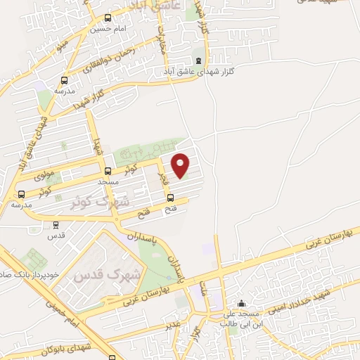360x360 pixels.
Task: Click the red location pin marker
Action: pos(181,165)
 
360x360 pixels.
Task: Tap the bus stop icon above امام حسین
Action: pos(107,19)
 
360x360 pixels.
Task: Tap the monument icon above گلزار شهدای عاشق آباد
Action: pos(198,60)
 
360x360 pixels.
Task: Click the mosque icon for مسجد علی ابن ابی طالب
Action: pos(242,304)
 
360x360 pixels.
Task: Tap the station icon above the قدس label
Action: pos(56,225)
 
